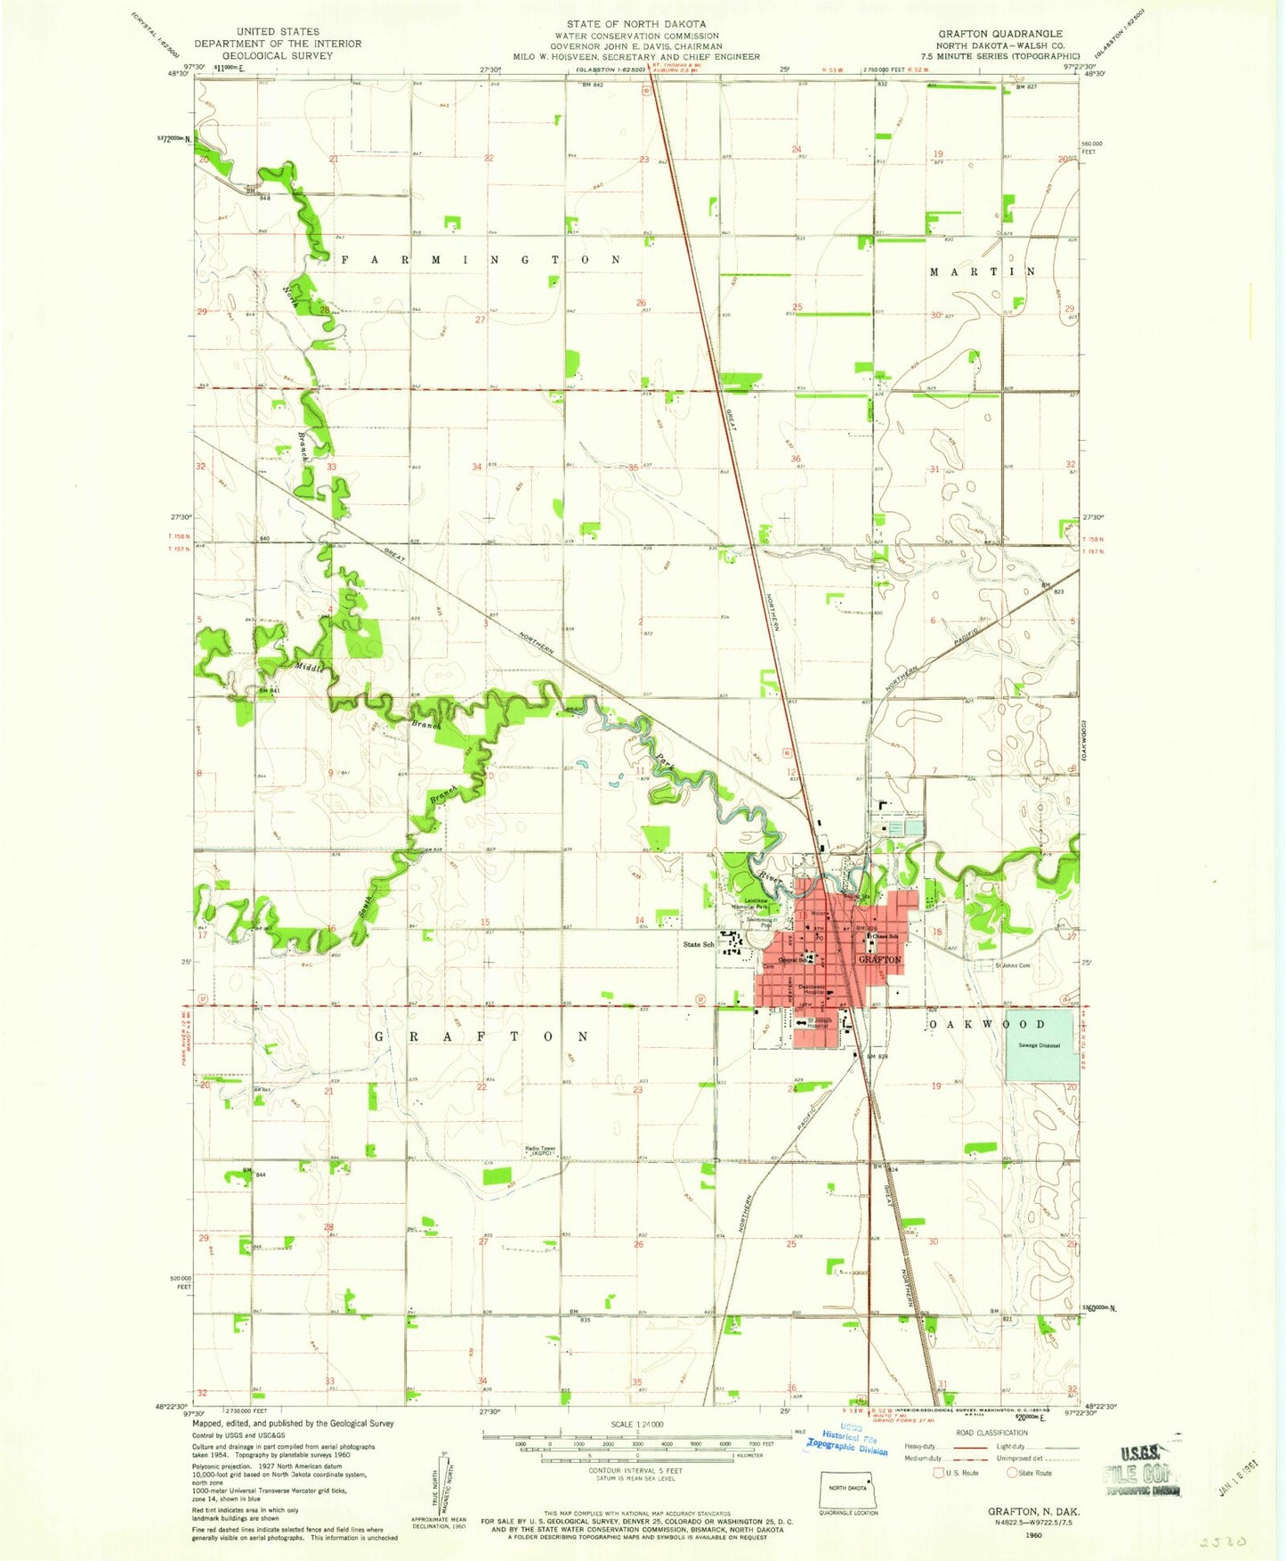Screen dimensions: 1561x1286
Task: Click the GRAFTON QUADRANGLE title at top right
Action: tap(999, 33)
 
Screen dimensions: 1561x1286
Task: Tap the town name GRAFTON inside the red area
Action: tap(879, 960)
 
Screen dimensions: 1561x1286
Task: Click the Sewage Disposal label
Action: tap(1039, 1045)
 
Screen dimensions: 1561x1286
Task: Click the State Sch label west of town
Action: tap(699, 944)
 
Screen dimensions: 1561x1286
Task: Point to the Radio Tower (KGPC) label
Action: tap(540, 1150)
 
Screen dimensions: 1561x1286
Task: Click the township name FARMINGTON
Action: tap(479, 259)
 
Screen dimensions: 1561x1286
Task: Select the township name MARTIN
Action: tap(983, 271)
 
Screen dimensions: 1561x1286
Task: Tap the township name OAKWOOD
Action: tap(988, 1024)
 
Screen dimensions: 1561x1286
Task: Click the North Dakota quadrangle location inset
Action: tap(847, 1489)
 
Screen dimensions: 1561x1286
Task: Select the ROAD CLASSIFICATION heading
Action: tap(991, 1433)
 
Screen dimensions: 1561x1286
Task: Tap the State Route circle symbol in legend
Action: tap(1013, 1473)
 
